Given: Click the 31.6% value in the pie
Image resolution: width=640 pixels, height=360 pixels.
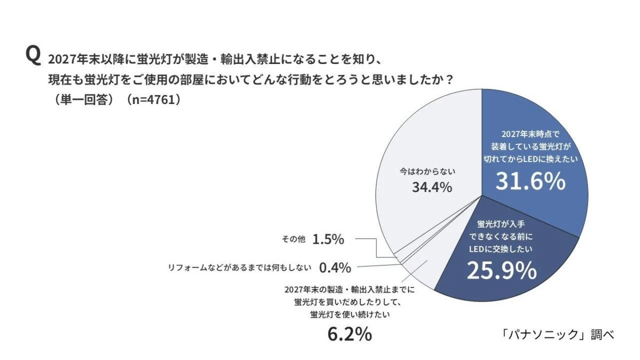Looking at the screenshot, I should pos(530,181).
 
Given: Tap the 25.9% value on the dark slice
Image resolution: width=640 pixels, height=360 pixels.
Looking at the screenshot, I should pos(501,271).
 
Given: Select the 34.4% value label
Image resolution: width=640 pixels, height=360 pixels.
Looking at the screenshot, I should pos(432,188).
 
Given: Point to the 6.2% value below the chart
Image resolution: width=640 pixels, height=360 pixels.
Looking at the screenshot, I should pos(349,334).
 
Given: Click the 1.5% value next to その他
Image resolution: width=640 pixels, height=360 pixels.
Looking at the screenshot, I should pos(328,239).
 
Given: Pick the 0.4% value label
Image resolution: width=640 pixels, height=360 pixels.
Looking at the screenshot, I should pos(335,267).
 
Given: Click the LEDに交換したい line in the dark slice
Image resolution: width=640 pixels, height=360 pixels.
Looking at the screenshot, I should pos(501,249).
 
